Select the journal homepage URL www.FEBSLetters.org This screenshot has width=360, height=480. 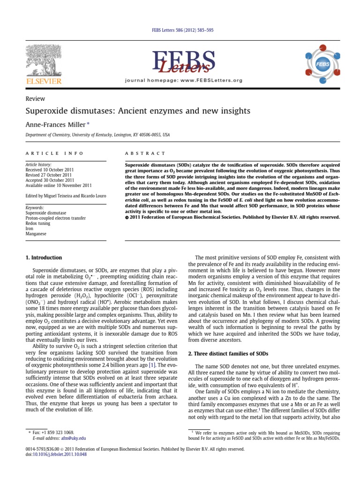[x=211, y=81]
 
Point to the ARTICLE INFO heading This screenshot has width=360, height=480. [x=54, y=153]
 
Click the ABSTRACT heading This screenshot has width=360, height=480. [x=145, y=153]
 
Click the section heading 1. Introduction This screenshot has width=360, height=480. [x=43, y=258]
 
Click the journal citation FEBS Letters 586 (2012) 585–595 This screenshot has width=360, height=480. [x=180, y=30]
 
